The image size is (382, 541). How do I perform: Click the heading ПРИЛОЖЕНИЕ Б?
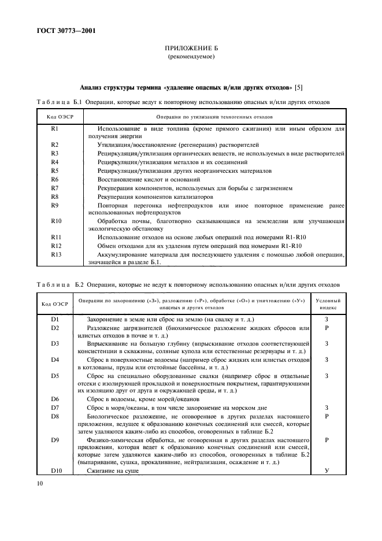191,50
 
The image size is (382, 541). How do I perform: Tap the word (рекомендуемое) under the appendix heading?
191,58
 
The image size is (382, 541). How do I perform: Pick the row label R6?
55,180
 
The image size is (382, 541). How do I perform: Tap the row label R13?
56,254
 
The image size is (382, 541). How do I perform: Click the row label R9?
55,205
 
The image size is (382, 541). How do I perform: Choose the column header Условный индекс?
329,304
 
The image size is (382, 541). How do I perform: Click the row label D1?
55,319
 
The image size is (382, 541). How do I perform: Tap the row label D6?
55,399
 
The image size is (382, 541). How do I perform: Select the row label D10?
56,470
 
